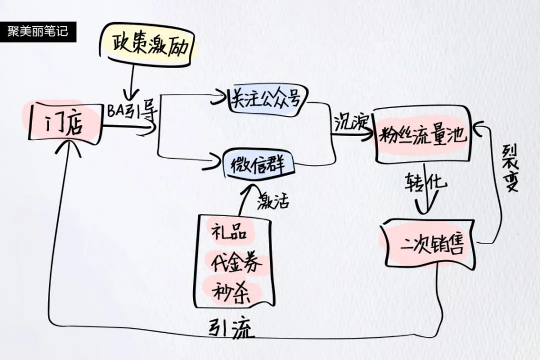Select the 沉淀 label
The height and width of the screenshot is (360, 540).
351,123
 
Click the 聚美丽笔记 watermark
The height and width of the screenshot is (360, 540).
38,31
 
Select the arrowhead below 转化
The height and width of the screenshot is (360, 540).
427,210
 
